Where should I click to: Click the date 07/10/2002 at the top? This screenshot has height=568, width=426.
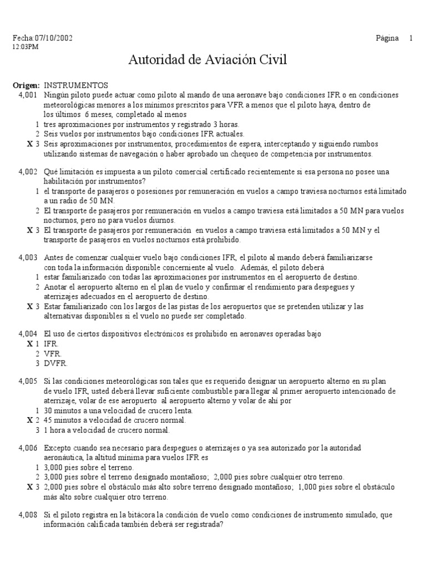click(x=54, y=38)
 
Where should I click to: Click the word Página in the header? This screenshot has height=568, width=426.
click(x=387, y=38)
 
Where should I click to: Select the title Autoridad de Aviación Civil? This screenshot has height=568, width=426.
click(x=208, y=60)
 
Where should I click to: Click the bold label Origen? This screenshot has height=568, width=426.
click(x=26, y=86)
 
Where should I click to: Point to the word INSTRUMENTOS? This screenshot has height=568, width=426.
click(x=76, y=86)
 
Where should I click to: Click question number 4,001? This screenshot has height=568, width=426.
click(x=27, y=95)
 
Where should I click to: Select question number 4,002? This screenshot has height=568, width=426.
click(x=27, y=172)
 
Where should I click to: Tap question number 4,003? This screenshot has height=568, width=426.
click(x=27, y=258)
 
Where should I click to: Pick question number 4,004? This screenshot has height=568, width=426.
click(x=27, y=334)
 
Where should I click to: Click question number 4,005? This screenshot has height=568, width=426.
click(x=27, y=382)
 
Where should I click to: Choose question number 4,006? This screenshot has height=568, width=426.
click(x=27, y=449)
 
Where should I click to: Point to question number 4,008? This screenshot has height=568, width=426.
click(x=27, y=515)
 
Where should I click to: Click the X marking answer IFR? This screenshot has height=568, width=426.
click(x=29, y=344)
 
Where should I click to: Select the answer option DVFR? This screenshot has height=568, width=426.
click(x=55, y=363)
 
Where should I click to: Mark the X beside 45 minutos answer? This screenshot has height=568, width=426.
click(x=29, y=420)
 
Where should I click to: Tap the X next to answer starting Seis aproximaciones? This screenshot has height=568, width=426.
click(x=29, y=144)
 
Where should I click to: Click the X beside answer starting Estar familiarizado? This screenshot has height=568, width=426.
click(x=29, y=306)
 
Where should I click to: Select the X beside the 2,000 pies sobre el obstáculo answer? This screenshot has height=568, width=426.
click(x=29, y=487)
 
